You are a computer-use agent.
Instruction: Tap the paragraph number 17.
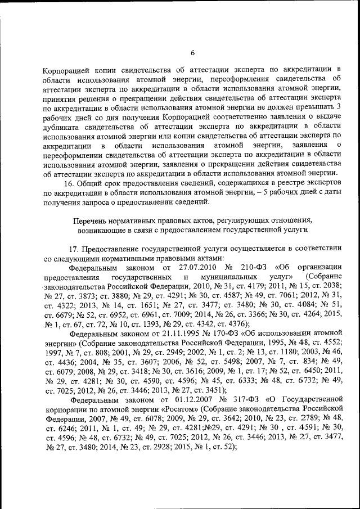click(74, 249)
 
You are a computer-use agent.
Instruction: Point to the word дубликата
click(64, 127)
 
